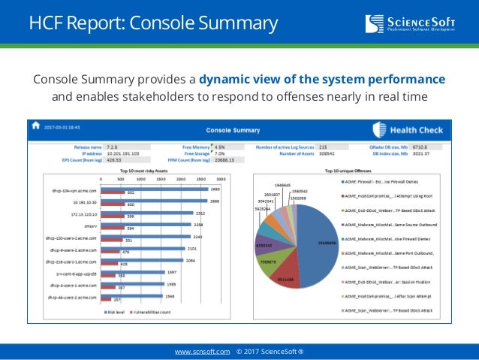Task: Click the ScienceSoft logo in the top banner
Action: point(420,23)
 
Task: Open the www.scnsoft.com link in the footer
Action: point(202,351)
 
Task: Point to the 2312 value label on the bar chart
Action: point(200,213)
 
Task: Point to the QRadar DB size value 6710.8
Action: point(420,147)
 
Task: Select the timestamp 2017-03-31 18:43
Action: point(62,126)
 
